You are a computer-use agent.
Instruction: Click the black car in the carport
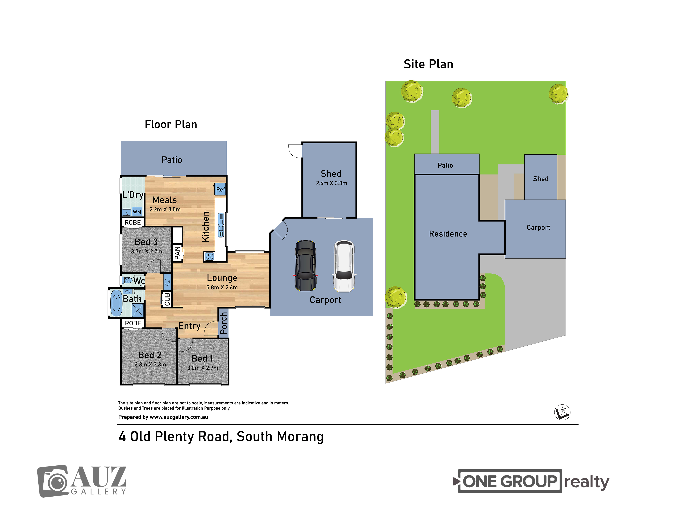pyautogui.click(x=306, y=266)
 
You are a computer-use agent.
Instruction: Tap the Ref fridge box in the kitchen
pyautogui.click(x=220, y=189)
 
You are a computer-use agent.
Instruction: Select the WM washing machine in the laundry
pyautogui.click(x=137, y=212)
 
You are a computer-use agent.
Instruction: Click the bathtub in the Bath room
pyautogui.click(x=116, y=303)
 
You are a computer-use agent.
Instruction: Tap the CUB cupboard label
pyautogui.click(x=167, y=299)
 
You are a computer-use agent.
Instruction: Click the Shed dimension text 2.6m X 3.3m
pyautogui.click(x=332, y=183)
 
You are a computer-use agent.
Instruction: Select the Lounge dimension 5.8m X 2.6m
pyautogui.click(x=222, y=287)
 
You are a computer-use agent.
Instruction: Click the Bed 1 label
pyautogui.click(x=202, y=358)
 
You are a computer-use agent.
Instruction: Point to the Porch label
pyautogui.click(x=223, y=323)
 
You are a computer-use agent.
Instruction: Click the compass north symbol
pyautogui.click(x=562, y=412)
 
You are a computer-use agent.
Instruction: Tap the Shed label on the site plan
pyautogui.click(x=541, y=179)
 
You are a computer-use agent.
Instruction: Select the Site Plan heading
pyautogui.click(x=428, y=64)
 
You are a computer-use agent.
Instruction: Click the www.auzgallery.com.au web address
pyautogui.click(x=179, y=417)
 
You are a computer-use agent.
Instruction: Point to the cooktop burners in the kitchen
pyautogui.click(x=209, y=256)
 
